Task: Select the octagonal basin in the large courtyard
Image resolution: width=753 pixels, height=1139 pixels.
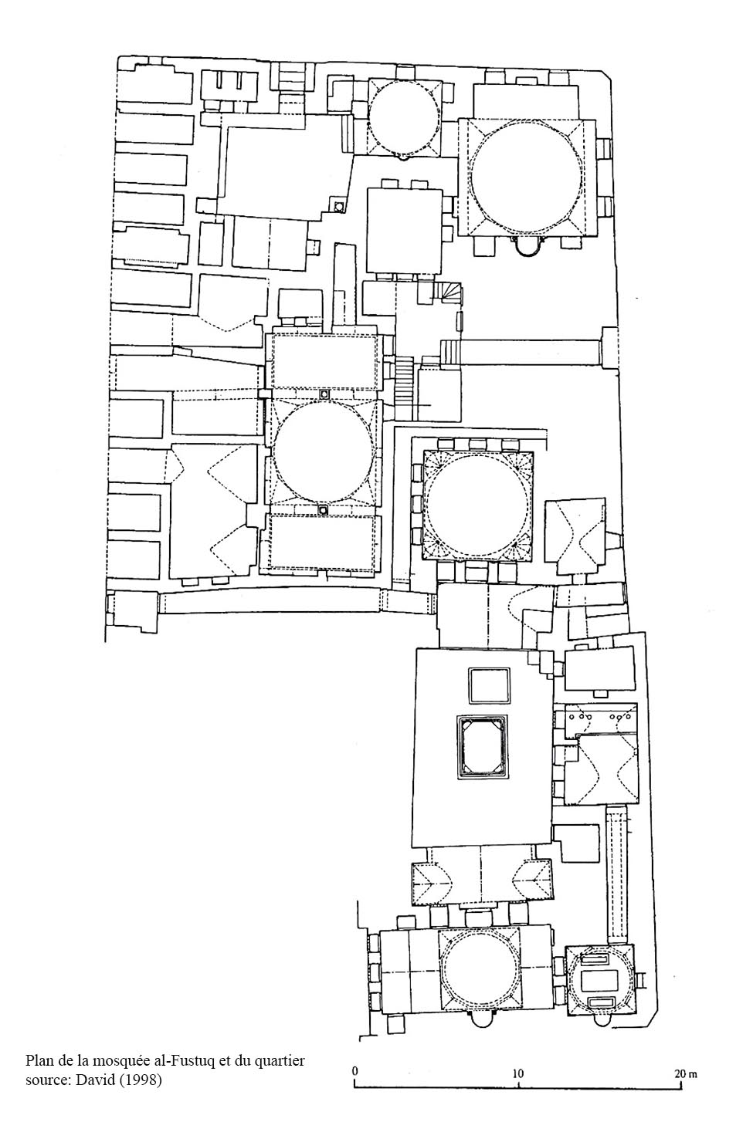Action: [482, 745]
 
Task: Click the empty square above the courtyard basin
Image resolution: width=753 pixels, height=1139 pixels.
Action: [489, 686]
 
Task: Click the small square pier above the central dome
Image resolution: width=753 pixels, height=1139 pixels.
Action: [324, 394]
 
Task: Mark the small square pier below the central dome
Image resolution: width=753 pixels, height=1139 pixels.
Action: [323, 509]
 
